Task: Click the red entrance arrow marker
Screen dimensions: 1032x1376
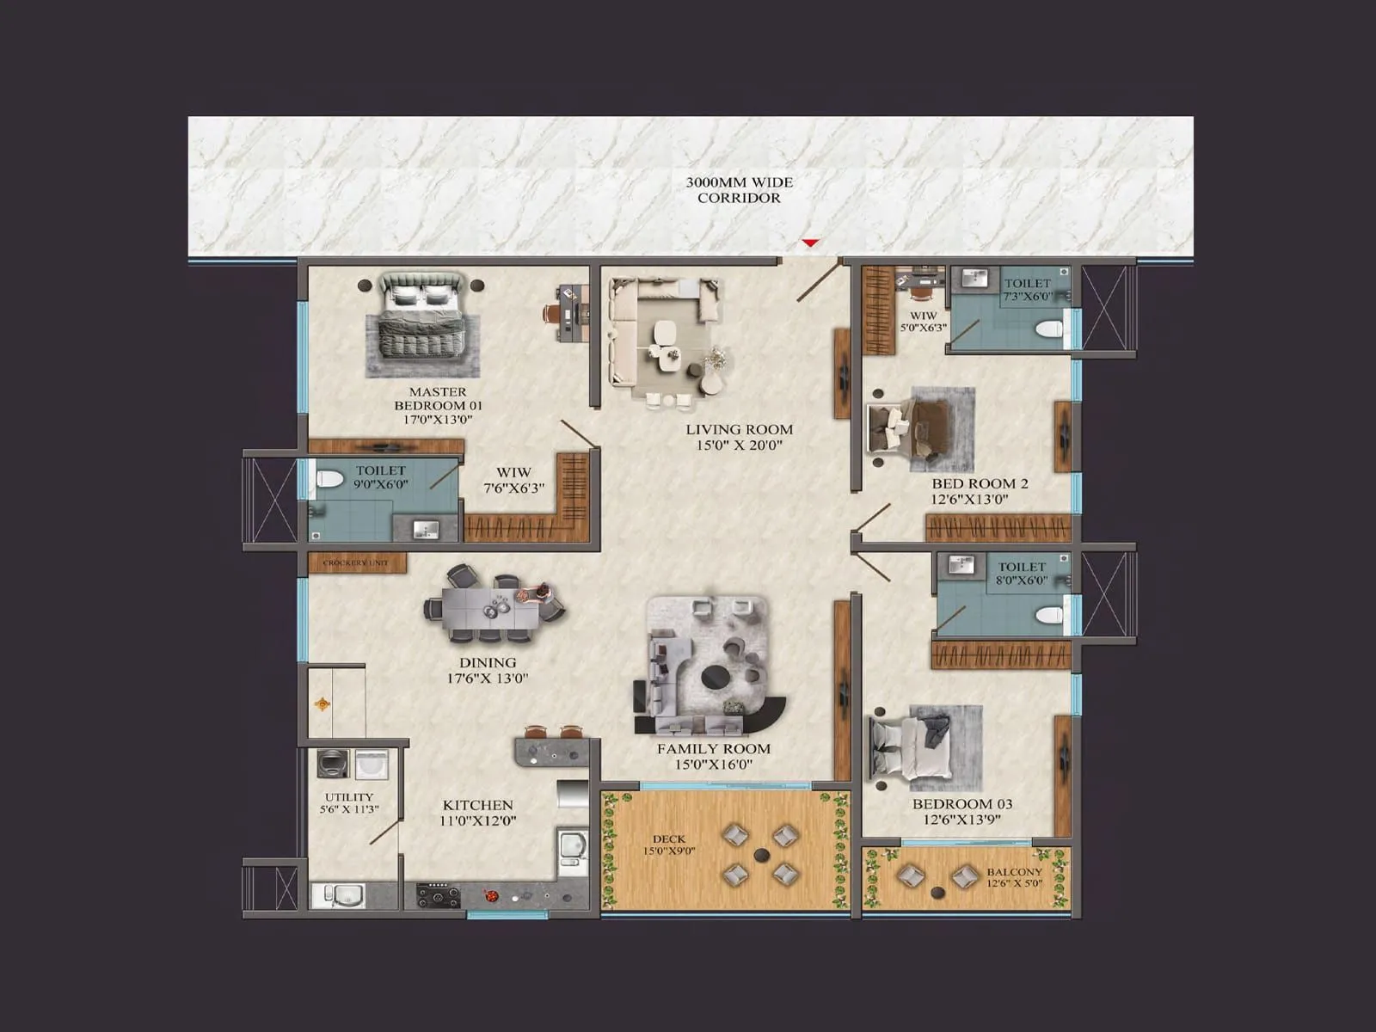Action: (x=810, y=243)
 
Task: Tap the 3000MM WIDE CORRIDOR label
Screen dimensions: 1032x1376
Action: (x=739, y=190)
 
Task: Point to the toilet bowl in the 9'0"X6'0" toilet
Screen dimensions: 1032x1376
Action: (x=328, y=479)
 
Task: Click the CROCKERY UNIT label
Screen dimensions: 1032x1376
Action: (x=356, y=563)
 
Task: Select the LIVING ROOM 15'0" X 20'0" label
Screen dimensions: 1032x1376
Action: (x=739, y=437)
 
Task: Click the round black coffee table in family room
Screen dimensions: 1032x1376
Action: (x=719, y=677)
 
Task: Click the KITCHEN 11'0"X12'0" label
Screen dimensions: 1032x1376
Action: (x=477, y=813)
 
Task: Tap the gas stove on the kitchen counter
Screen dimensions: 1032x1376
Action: (x=438, y=895)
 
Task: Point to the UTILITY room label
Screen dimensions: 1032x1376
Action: (x=348, y=803)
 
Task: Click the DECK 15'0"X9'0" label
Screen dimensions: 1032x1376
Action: (x=669, y=845)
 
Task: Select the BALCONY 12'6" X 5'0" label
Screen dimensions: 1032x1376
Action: (x=1014, y=877)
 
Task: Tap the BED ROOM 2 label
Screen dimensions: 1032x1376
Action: (x=980, y=491)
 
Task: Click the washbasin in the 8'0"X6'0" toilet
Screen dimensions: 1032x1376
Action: (x=961, y=566)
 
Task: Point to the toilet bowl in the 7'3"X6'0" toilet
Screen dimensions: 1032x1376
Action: (x=1048, y=329)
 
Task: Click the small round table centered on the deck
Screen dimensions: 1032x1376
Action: (x=760, y=855)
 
